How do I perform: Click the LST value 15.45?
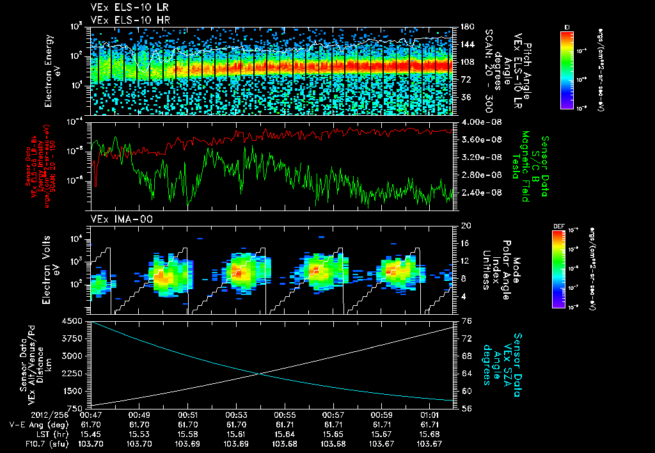click(91, 434)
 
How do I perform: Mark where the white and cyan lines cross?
click(258, 374)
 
